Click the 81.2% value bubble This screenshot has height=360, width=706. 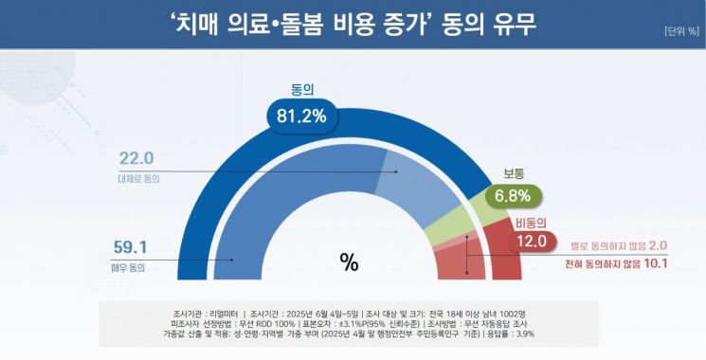(x=302, y=117)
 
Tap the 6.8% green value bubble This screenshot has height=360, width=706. (x=513, y=198)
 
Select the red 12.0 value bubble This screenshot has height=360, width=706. (x=531, y=241)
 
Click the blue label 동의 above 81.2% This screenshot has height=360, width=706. (x=302, y=91)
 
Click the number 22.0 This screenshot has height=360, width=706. (x=136, y=158)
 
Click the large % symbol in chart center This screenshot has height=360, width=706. (x=349, y=263)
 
